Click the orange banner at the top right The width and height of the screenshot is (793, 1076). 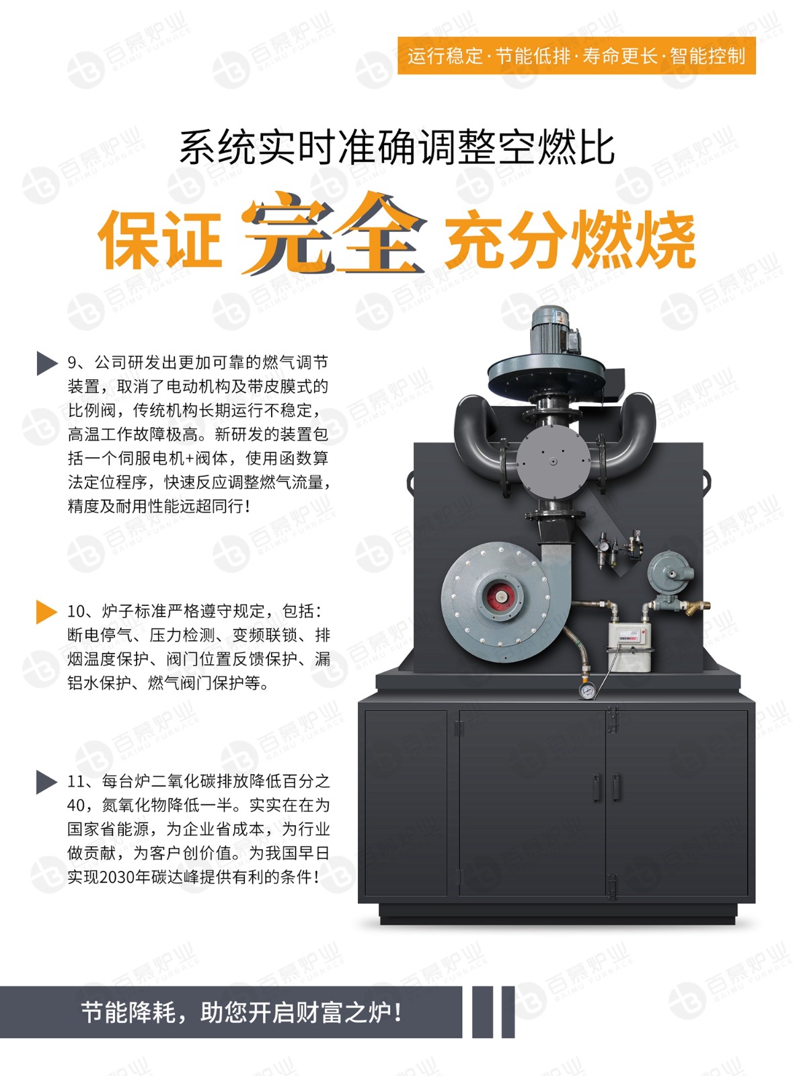576,56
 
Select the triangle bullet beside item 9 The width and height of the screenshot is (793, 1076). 47,362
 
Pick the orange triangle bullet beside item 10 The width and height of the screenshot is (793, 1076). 47,611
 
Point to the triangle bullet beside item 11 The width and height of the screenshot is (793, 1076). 47,782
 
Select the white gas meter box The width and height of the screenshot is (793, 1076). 629,646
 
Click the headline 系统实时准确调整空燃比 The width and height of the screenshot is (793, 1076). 397,147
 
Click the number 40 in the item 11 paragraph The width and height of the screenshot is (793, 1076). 76,806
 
